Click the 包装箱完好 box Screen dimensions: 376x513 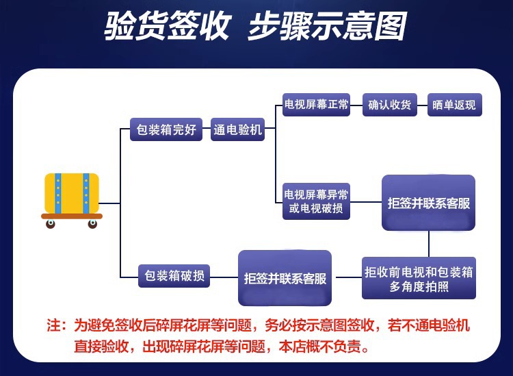point(166,129)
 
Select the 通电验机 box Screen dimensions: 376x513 point(237,129)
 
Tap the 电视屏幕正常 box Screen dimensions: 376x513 point(316,105)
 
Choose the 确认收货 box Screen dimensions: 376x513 point(389,105)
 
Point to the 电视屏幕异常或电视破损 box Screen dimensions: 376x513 point(316,201)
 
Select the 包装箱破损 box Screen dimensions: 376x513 point(173,275)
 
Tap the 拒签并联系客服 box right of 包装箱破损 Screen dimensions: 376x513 point(285,278)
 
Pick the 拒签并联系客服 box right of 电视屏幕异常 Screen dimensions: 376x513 point(429,203)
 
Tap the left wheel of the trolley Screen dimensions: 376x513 point(51,224)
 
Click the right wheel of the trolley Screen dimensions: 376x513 point(92,224)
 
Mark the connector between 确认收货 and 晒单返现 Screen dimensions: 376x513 point(423,105)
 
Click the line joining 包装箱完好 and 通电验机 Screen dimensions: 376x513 point(207,129)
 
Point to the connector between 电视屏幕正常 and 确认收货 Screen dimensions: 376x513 point(356,105)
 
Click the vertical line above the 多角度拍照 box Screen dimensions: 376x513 point(429,243)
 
